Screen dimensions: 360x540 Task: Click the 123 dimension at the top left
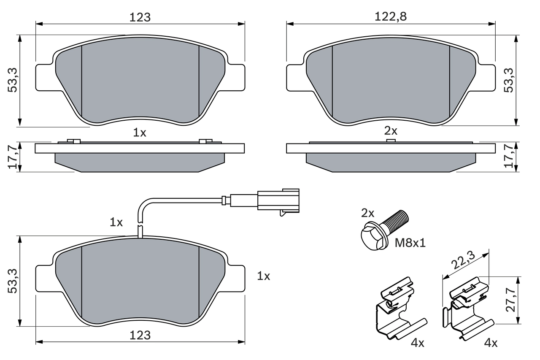140,17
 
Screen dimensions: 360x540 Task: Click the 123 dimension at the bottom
140,335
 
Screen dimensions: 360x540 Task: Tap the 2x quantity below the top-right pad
391,131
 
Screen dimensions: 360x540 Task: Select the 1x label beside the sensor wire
116,222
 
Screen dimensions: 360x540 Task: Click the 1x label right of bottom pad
264,276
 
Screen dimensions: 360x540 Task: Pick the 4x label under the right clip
491,343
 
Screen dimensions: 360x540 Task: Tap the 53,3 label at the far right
509,80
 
